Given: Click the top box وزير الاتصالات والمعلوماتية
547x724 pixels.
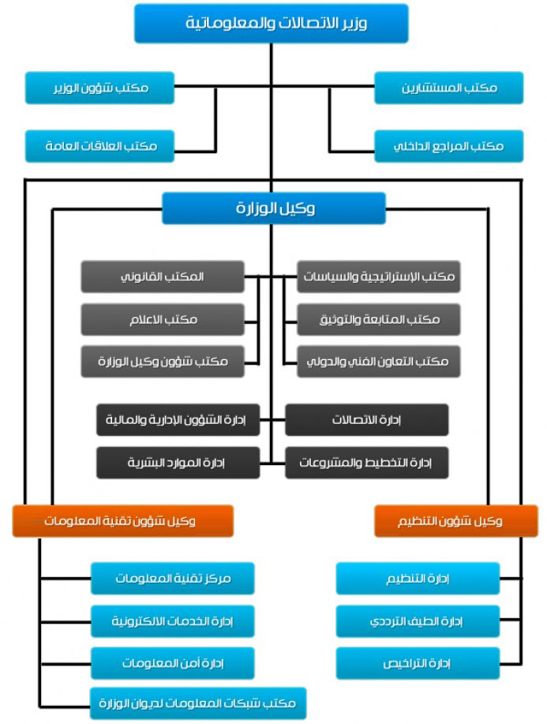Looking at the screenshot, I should pyautogui.click(x=271, y=23).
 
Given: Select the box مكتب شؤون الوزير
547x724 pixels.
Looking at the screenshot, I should pyautogui.click(x=99, y=88).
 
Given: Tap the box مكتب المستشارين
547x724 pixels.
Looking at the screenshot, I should pyautogui.click(x=448, y=88).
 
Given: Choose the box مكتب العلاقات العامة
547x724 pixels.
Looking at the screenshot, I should pyautogui.click(x=99, y=146).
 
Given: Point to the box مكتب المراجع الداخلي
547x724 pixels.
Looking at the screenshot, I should pyautogui.click(x=448, y=146).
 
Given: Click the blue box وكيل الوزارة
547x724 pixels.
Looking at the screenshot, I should pyautogui.click(x=273, y=208).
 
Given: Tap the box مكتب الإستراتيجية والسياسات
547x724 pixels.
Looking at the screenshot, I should pyautogui.click(x=378, y=277).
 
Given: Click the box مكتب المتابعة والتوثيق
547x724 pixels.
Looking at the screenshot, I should pyautogui.click(x=378, y=319).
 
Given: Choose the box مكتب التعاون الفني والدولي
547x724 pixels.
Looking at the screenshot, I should pyautogui.click(x=378, y=361).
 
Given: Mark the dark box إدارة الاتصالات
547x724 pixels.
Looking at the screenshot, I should pyautogui.click(x=366, y=419).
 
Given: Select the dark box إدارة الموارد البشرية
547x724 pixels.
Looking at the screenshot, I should pyautogui.click(x=178, y=462).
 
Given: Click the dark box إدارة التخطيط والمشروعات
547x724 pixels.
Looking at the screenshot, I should pyautogui.click(x=366, y=462).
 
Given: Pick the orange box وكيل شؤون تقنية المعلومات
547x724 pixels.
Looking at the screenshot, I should pyautogui.click(x=122, y=521).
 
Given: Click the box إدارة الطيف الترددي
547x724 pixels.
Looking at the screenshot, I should pyautogui.click(x=418, y=621).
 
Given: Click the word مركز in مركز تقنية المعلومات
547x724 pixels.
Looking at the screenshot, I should pyautogui.click(x=214, y=579).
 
